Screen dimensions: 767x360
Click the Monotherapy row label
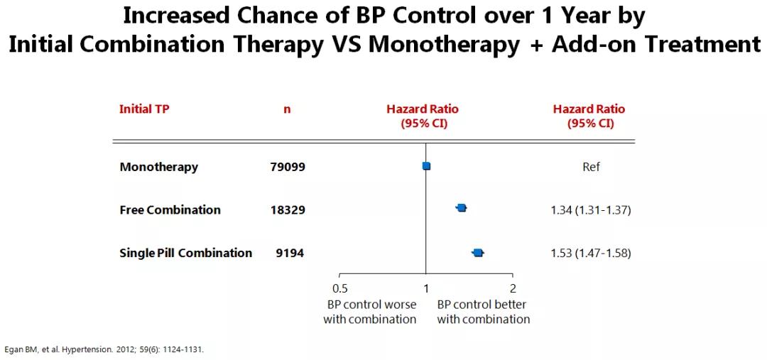click(x=159, y=167)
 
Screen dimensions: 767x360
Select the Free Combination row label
click(x=170, y=210)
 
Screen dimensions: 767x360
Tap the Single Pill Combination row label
click(x=186, y=253)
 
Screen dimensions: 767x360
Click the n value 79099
click(x=288, y=167)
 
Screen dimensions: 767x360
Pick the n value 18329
click(x=288, y=210)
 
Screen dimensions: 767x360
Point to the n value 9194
click(x=290, y=253)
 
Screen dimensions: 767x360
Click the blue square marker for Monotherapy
click(x=426, y=166)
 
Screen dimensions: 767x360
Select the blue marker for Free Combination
click(x=461, y=208)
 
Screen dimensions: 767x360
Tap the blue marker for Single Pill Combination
click(x=478, y=252)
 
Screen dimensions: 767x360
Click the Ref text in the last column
click(x=591, y=167)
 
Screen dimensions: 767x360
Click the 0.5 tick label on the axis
click(x=339, y=288)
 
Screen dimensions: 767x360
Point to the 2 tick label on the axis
click(x=513, y=288)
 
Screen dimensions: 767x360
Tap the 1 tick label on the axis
click(x=426, y=288)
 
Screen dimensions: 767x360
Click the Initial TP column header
click(x=144, y=109)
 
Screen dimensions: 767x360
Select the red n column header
click(x=287, y=109)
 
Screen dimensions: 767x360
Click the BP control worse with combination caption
click(x=371, y=312)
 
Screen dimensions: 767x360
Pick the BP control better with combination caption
click(x=484, y=312)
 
